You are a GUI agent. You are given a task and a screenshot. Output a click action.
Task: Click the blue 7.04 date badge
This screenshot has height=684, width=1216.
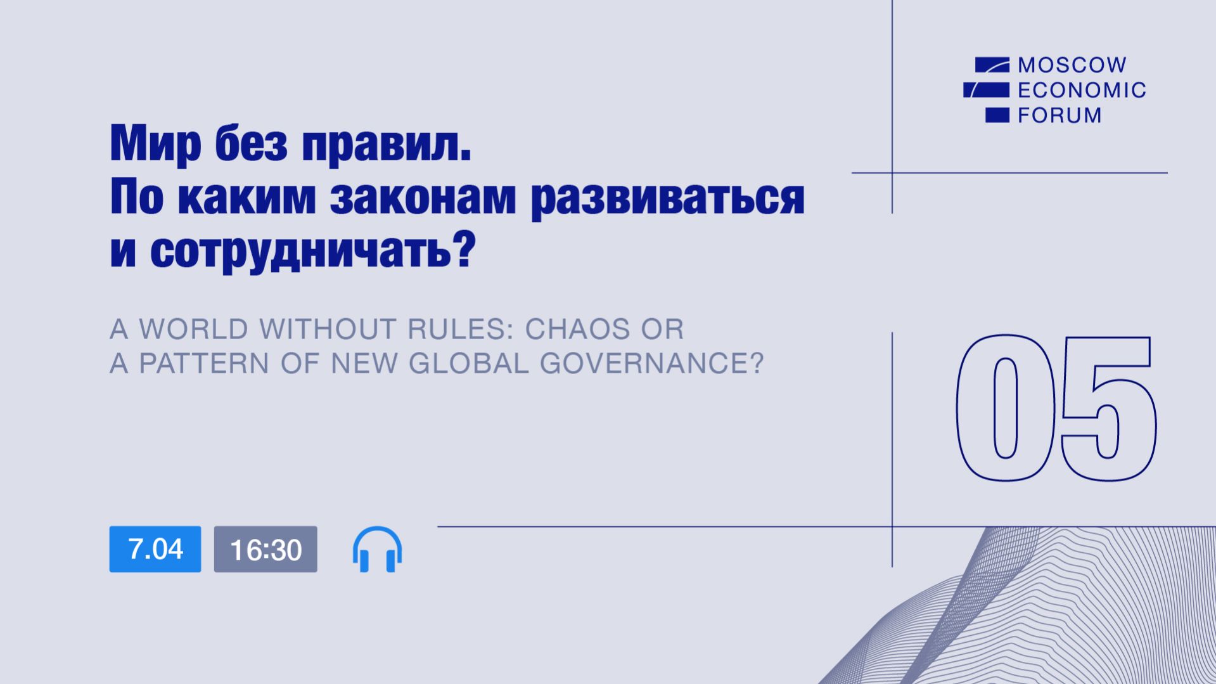tap(155, 549)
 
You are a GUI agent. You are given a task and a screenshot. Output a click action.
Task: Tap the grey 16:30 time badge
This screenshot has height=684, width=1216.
tap(266, 549)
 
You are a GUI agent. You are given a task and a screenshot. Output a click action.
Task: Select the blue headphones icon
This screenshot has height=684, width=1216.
tap(377, 550)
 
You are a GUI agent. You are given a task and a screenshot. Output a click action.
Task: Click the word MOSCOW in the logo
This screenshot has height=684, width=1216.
tap(1072, 65)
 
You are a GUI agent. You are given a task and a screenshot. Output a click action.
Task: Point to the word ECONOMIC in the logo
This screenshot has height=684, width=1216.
tap(1082, 90)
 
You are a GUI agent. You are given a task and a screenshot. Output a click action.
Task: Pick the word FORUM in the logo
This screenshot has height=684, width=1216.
tap(1059, 115)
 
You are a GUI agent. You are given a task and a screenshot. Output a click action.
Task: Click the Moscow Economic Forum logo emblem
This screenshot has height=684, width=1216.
tap(987, 89)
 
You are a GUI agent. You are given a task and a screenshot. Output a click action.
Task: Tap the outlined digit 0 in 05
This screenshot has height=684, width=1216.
tap(1005, 407)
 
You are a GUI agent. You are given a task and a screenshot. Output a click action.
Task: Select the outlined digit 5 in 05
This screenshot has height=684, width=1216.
tap(1108, 407)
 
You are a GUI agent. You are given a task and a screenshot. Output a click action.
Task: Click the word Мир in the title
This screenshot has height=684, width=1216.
tap(155, 144)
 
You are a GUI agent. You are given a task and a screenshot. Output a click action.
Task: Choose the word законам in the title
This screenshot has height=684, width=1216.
tap(423, 197)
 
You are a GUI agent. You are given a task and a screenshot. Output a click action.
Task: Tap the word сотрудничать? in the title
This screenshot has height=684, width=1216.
tap(313, 252)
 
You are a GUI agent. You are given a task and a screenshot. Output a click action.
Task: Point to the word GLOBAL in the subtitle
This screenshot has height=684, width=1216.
tap(468, 363)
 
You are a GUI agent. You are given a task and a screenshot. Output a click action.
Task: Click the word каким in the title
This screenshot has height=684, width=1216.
tap(246, 197)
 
